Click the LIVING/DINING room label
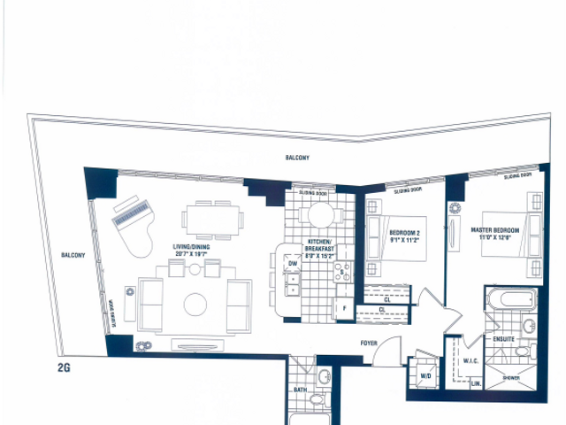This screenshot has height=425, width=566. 195,250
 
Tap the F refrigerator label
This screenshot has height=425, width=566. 343,309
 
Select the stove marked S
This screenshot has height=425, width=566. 340,272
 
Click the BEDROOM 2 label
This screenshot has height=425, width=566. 404,235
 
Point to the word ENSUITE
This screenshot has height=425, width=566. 502,337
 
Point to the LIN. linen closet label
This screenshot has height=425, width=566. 475,383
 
